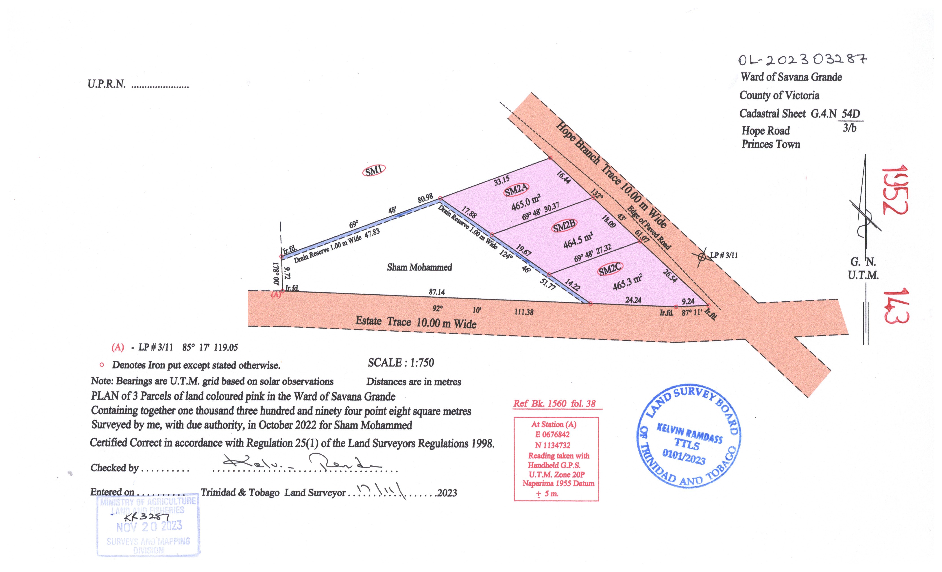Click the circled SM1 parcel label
373,170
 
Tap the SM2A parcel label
516,190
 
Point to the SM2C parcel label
610,269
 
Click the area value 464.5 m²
578,240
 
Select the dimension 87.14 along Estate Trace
437,292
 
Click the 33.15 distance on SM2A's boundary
501,181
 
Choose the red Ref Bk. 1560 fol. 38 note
554,403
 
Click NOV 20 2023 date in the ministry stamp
149,526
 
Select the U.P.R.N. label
106,84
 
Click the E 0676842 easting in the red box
552,435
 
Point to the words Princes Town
771,144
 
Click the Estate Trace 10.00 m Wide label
416,322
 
